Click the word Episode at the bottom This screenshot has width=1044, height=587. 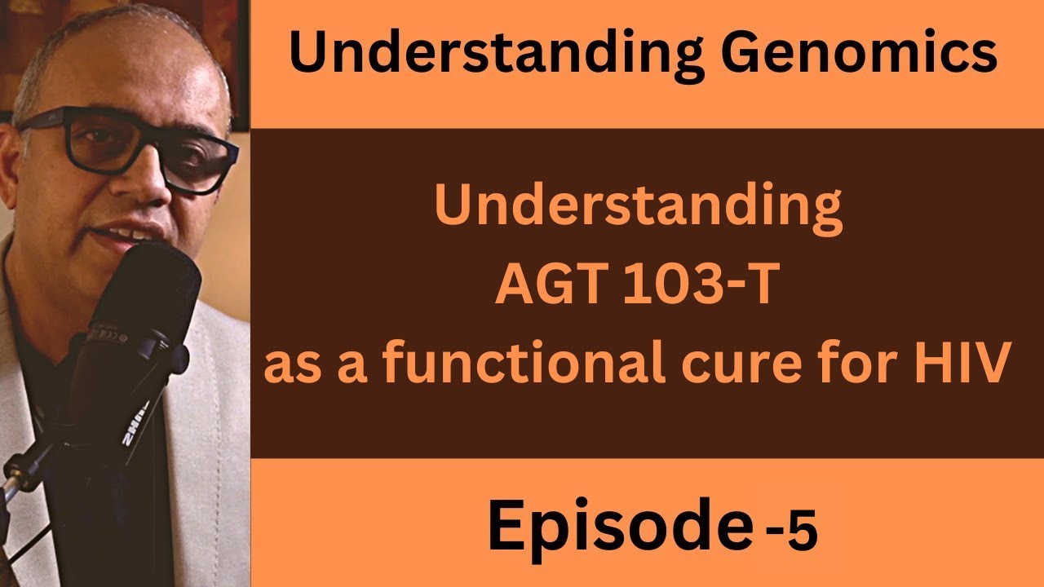[617, 527]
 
